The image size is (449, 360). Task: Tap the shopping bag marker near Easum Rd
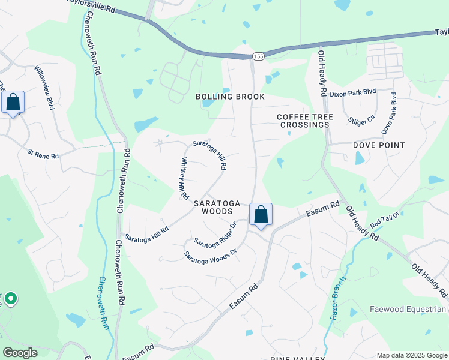[x=261, y=214]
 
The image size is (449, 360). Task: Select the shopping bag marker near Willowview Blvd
[x=13, y=103]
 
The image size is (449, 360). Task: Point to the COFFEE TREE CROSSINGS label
[x=304, y=121]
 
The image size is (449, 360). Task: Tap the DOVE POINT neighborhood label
[x=379, y=145]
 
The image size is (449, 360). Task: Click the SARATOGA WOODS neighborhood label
[x=213, y=207]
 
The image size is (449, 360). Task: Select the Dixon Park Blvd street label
[x=352, y=94]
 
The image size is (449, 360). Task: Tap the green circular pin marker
[x=10, y=298]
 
